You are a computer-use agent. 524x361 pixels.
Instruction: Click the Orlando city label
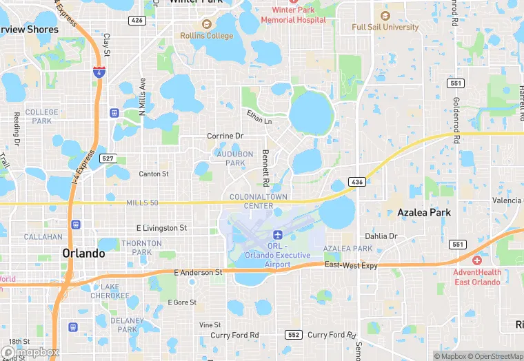click(83, 253)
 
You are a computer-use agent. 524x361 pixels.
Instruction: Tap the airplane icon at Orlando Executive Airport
click(278, 236)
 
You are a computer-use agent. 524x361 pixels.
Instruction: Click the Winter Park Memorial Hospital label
click(299, 15)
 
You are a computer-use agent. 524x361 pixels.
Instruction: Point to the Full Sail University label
click(385, 27)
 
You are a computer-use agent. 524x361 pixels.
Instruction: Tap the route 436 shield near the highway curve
click(356, 182)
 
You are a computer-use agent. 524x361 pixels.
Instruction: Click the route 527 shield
click(107, 158)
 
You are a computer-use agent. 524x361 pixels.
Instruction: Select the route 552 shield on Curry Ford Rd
click(292, 335)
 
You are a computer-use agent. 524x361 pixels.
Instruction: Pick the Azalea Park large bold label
click(424, 212)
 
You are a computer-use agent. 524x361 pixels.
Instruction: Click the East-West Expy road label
click(351, 265)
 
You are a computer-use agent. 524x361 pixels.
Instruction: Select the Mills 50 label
click(143, 203)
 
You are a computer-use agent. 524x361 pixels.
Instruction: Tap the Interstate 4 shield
click(99, 71)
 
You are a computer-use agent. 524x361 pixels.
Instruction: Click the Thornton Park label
click(141, 248)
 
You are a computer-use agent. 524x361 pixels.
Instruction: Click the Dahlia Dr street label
click(381, 236)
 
